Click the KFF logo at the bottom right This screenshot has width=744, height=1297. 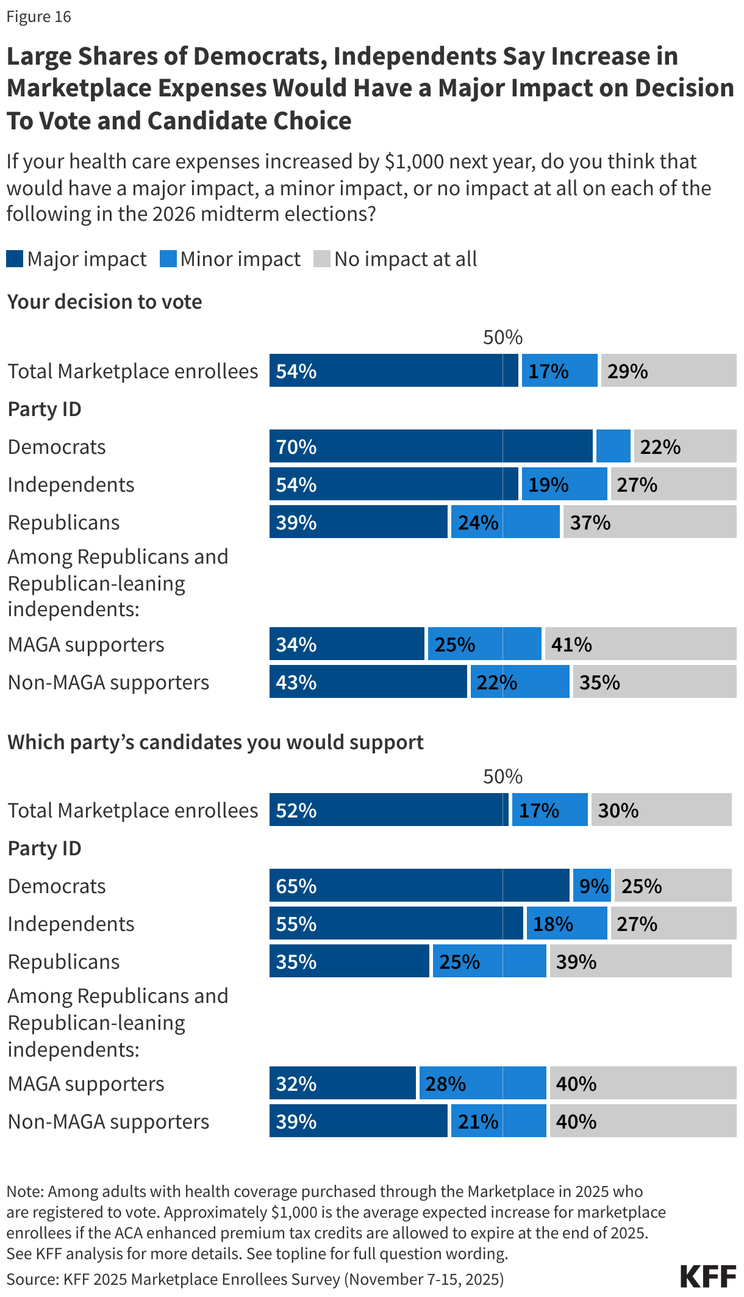point(707,1276)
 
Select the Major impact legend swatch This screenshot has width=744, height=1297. point(15,259)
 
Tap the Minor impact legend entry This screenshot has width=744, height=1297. point(231,259)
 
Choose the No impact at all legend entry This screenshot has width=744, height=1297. point(395,259)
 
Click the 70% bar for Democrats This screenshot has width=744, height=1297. point(431,446)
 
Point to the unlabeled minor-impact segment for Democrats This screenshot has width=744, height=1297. point(613,446)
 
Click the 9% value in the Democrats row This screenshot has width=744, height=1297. point(593,885)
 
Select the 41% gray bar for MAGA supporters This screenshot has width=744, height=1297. point(640,644)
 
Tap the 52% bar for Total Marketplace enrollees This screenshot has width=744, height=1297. point(388,810)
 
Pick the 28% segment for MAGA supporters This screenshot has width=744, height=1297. point(482,1083)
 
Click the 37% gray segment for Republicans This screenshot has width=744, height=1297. point(649,522)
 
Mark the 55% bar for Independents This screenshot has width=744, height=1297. point(396,923)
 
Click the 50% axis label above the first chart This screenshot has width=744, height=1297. point(503,337)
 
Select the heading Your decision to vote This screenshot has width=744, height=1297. point(104,301)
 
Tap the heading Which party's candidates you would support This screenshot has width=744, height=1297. point(215,742)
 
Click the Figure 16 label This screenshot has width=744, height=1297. point(38,16)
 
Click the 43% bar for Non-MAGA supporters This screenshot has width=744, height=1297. point(368,681)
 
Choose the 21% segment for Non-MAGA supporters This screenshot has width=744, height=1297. point(498,1121)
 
